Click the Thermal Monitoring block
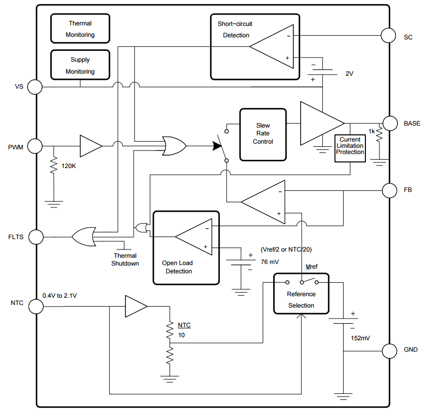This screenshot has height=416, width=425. [80, 29]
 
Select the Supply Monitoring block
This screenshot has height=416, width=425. [80, 65]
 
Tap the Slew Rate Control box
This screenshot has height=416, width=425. [263, 134]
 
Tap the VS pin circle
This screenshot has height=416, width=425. [35, 87]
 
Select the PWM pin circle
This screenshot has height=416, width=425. [35, 146]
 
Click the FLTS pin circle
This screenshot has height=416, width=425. [35, 237]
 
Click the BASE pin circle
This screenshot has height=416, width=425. [388, 123]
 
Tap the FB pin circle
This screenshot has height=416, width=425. [388, 190]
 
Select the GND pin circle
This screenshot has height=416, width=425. [388, 351]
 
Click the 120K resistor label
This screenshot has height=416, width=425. [69, 167]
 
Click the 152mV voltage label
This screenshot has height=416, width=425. [360, 338]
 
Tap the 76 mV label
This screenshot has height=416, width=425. [270, 262]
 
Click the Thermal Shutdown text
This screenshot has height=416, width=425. [125, 259]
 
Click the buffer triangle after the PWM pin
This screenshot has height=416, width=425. [90, 146]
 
